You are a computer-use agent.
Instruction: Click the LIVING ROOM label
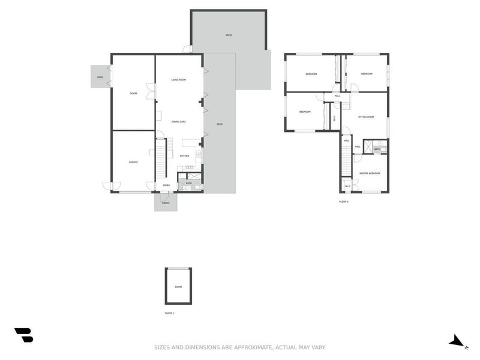point(178,80)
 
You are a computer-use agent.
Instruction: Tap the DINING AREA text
point(178,122)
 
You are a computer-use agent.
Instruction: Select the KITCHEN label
point(185,156)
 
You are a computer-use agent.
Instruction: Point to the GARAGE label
point(133,162)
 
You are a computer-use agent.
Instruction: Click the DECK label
point(220,124)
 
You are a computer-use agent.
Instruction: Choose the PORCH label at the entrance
point(165,203)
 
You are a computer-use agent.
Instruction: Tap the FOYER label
point(166,185)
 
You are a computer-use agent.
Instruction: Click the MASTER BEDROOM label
point(370,173)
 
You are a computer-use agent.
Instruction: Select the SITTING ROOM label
point(366,117)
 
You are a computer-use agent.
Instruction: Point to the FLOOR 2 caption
point(343,202)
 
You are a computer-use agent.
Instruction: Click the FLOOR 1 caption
point(169,313)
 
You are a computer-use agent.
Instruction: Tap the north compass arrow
point(458,341)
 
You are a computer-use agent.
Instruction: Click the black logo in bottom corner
point(24,335)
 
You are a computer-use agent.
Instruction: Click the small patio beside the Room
point(100,77)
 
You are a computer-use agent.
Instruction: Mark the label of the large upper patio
point(229,35)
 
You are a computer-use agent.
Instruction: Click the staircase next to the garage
point(161,159)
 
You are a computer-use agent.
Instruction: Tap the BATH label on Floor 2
point(377,149)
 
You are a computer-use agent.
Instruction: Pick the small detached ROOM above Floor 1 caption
point(178,286)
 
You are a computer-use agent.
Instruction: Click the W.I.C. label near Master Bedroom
point(347,185)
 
